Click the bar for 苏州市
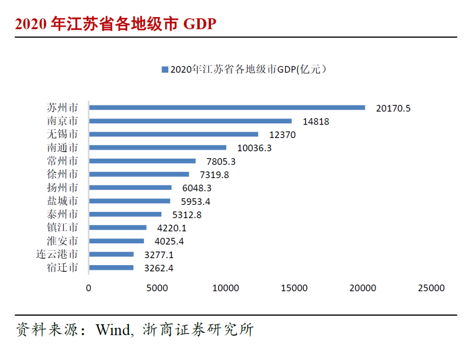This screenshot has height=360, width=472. (x=227, y=107)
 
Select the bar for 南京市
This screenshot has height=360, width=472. (x=190, y=121)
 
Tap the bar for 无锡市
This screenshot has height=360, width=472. (x=174, y=135)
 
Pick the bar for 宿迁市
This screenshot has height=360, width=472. (x=111, y=268)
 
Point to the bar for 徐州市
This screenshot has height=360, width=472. (x=139, y=174)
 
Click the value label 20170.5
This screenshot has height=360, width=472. (x=393, y=108)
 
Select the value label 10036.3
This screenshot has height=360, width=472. (x=254, y=148)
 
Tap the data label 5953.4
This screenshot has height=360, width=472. (x=196, y=201)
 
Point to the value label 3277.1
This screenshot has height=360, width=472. (x=159, y=255)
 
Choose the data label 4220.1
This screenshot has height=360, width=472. (x=171, y=228)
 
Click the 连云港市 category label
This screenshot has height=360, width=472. (x=57, y=254)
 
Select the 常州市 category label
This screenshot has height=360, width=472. (x=62, y=161)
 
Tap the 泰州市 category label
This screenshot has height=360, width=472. (x=62, y=214)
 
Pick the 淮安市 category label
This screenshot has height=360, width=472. (x=62, y=241)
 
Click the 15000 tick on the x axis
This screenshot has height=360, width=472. (x=294, y=288)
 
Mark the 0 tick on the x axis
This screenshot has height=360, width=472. (x=89, y=288)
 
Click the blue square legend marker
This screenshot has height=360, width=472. (x=165, y=69)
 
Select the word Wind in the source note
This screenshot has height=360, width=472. (x=113, y=329)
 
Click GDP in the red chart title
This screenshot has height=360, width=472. (x=200, y=24)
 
